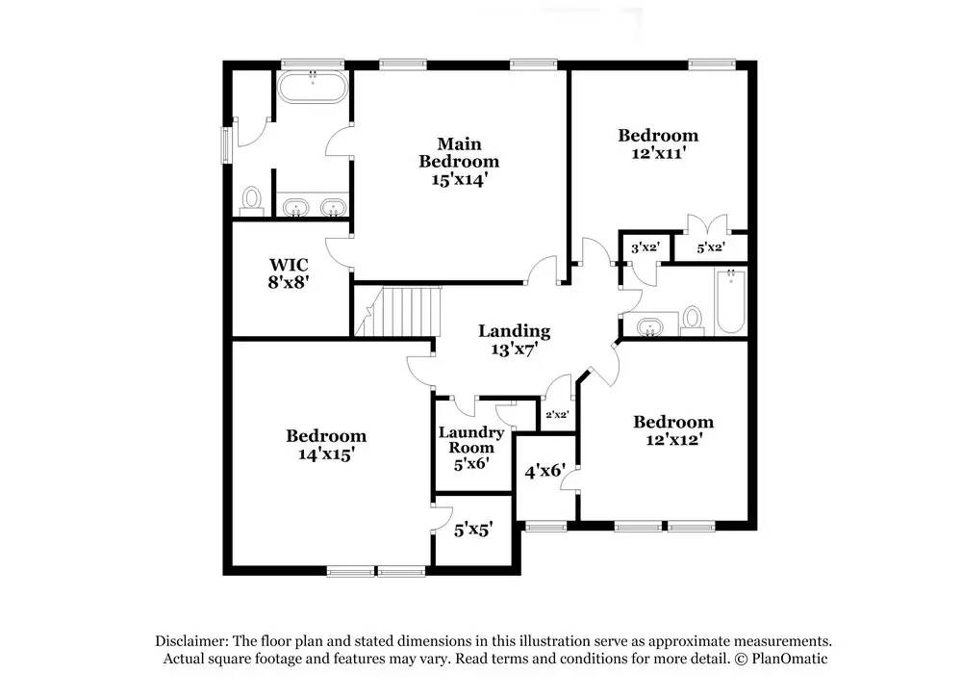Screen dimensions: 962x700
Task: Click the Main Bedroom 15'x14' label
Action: tap(459, 162)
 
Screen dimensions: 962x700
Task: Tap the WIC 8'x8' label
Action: tap(289, 273)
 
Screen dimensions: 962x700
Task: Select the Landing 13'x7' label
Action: tap(514, 340)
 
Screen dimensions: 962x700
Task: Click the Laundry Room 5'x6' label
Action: tap(471, 448)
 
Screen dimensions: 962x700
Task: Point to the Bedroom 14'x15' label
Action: tap(326, 445)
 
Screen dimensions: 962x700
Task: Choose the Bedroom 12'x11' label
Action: tap(658, 143)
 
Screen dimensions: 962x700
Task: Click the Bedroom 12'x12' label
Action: tap(673, 430)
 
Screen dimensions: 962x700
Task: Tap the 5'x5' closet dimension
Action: tap(473, 530)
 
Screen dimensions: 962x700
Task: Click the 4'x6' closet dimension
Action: tap(544, 471)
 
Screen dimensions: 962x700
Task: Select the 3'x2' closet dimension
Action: tap(646, 247)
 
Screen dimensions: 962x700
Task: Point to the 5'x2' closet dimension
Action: tap(711, 247)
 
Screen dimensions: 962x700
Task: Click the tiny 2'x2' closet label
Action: tap(557, 414)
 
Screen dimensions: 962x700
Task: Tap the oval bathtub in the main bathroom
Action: tap(313, 88)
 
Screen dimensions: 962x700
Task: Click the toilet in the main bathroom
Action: tap(251, 201)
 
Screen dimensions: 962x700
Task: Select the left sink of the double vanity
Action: tap(295, 208)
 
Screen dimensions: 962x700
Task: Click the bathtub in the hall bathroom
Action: tap(731, 301)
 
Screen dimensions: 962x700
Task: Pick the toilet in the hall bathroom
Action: tap(692, 321)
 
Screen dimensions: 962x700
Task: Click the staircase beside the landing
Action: tap(398, 311)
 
